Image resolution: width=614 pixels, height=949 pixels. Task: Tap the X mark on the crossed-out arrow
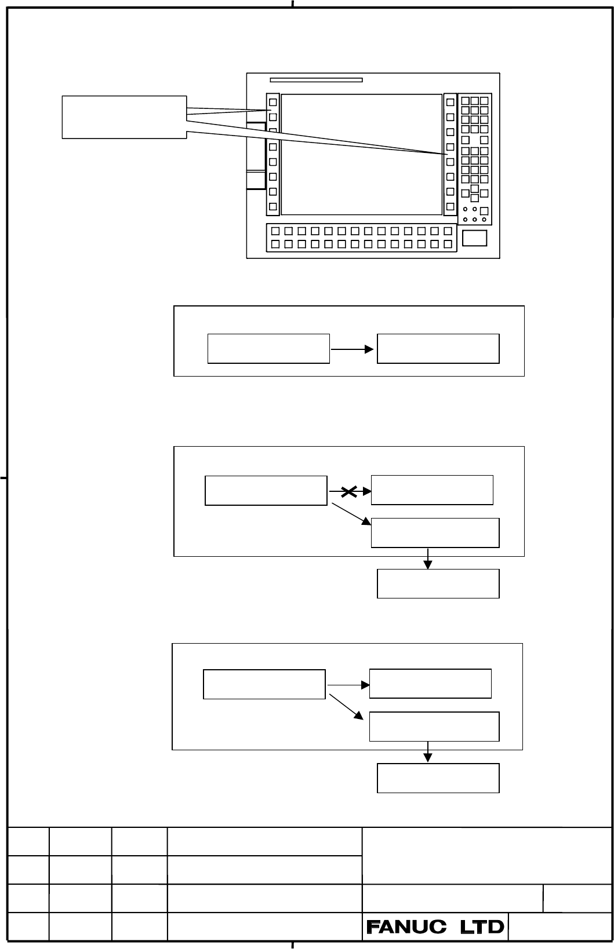[x=348, y=491]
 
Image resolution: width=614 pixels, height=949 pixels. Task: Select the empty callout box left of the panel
[x=124, y=118]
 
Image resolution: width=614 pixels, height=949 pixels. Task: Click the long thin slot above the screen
[x=317, y=79]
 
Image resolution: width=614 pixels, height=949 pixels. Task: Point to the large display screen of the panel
[x=362, y=154]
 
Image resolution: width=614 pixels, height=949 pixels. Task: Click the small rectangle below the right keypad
[x=474, y=238]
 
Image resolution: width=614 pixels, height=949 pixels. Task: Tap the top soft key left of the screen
[x=273, y=102]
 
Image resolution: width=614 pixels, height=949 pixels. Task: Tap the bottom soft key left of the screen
[x=273, y=207]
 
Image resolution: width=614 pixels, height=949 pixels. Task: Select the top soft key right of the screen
[x=450, y=102]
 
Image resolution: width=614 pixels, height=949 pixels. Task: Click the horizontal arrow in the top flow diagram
[x=352, y=349]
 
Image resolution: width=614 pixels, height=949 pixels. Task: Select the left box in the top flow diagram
[x=268, y=349]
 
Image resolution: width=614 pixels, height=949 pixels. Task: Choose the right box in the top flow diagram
[x=438, y=349]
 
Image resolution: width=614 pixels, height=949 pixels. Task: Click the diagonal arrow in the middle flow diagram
[x=351, y=514]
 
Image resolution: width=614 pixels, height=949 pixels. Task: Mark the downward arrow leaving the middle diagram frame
[x=428, y=559]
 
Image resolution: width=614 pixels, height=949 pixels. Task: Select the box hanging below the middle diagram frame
[x=438, y=584]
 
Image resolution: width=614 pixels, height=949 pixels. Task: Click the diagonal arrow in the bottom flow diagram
[x=346, y=707]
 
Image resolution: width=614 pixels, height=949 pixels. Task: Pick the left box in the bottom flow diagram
[x=264, y=684]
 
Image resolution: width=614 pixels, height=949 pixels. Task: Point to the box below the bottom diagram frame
[x=438, y=778]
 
